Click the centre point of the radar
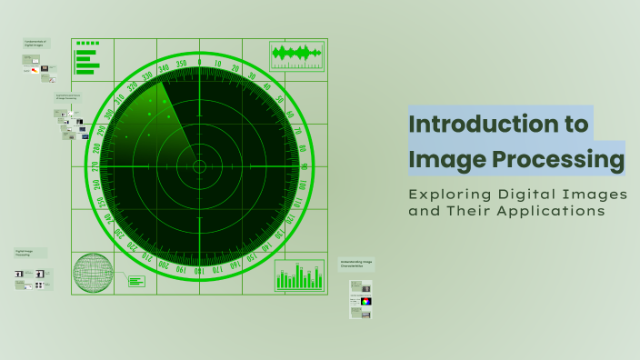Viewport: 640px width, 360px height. [x=200, y=166]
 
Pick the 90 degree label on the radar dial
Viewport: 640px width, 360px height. [x=303, y=166]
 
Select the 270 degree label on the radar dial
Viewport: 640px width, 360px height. [x=96, y=166]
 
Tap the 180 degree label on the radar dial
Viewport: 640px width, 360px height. [x=200, y=269]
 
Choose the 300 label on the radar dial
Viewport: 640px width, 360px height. [x=110, y=115]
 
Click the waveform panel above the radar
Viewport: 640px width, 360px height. [x=297, y=55]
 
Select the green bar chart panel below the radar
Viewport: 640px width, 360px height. [x=299, y=275]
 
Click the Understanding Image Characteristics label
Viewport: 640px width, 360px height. [x=355, y=265]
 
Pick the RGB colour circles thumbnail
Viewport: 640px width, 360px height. [x=365, y=301]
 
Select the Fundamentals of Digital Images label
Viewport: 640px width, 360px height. [x=35, y=44]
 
